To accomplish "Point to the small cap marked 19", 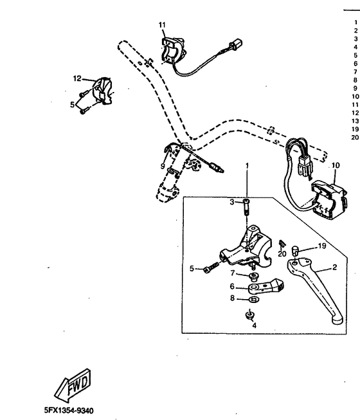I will [x=296, y=251].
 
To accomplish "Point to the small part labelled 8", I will [x=253, y=299].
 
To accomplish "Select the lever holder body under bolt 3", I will [x=248, y=247].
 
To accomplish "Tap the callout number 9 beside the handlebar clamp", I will [x=163, y=167].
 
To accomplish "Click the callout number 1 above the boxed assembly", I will [x=247, y=166].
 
